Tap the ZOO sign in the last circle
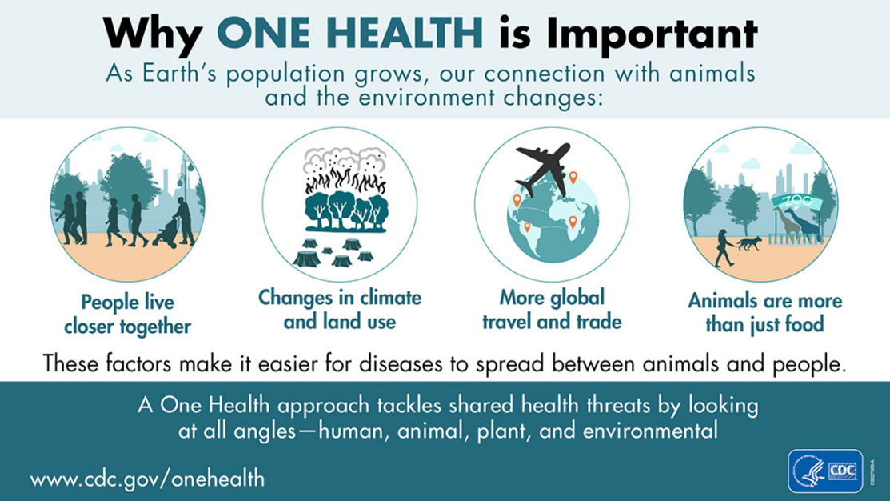click(x=796, y=201)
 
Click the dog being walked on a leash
click(x=748, y=244)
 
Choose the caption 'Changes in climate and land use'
click(x=338, y=310)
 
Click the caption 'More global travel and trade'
click(x=552, y=310)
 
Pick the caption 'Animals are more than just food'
click(x=764, y=313)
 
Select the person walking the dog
click(x=724, y=246)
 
